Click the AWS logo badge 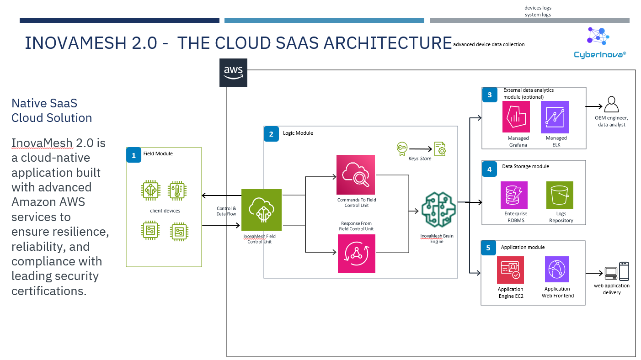(x=233, y=72)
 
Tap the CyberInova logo (x=599, y=42)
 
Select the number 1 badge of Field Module (x=134, y=155)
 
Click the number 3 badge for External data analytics (x=490, y=95)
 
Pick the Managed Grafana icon (x=516, y=117)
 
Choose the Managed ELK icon (x=555, y=117)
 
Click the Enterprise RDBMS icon (x=514, y=195)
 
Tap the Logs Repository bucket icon (x=560, y=195)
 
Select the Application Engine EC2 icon (x=510, y=270)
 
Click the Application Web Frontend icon (x=557, y=269)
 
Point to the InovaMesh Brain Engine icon (x=438, y=211)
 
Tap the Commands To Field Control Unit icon (x=356, y=175)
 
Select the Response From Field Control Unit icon (x=356, y=254)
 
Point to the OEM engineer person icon (x=611, y=105)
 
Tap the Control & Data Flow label (x=226, y=211)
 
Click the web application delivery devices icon (x=617, y=271)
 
